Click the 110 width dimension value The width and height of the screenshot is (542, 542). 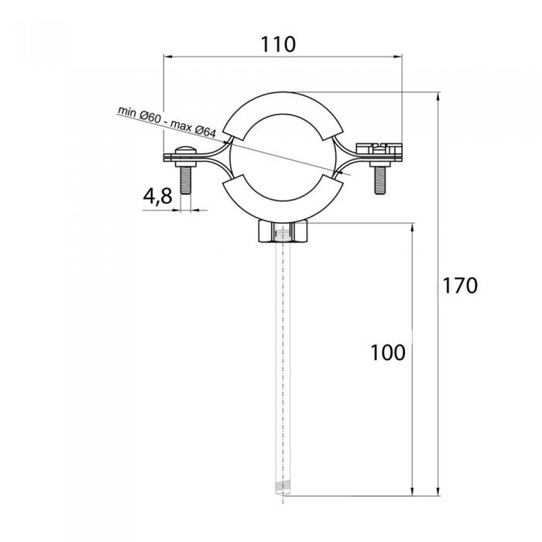point(278,44)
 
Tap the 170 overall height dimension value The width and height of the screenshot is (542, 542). point(460,286)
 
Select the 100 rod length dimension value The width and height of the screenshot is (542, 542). point(387,352)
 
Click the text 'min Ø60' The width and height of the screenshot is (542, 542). point(139,115)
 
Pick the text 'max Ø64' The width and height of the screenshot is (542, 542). point(194,129)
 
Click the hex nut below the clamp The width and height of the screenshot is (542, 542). point(283,233)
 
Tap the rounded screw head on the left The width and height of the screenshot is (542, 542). point(186,151)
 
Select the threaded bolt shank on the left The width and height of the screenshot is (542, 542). point(186,180)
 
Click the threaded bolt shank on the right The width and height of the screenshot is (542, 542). point(380,180)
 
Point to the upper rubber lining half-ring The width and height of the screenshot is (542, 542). point(283,115)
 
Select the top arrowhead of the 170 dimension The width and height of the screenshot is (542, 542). point(438,96)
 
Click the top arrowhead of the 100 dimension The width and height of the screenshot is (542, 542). point(412,228)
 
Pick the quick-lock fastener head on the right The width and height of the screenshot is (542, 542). point(379,148)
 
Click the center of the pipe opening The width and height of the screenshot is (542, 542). point(283,157)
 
